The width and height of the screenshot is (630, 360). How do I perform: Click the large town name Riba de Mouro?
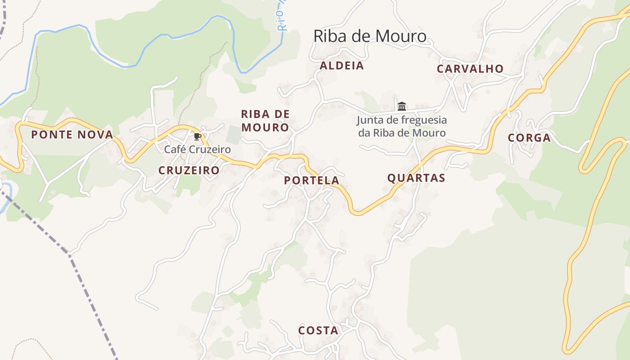(369, 36)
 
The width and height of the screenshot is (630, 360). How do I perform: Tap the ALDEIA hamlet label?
(342, 66)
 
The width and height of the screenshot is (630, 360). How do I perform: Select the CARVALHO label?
(470, 69)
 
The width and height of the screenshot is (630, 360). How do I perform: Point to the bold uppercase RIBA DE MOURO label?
(265, 121)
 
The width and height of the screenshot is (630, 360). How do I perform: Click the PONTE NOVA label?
(72, 135)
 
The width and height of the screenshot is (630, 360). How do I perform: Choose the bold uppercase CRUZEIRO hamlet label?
(189, 170)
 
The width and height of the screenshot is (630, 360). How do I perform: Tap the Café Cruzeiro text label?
(197, 149)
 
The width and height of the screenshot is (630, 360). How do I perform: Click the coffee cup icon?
(197, 137)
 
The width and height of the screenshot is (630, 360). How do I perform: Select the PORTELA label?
(311, 180)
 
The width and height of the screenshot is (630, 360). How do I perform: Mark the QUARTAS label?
(416, 178)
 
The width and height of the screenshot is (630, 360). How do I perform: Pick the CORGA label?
(529, 138)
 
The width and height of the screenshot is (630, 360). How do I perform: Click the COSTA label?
(318, 330)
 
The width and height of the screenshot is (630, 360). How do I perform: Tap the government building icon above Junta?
(402, 106)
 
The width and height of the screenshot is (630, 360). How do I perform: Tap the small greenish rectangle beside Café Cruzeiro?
(233, 135)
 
